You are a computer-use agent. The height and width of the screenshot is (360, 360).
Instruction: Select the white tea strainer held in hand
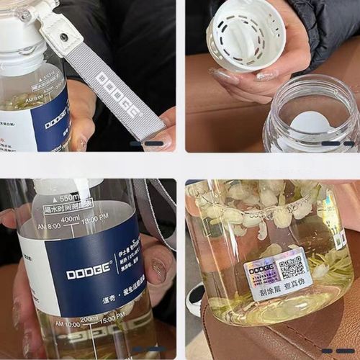pyautogui.click(x=245, y=32)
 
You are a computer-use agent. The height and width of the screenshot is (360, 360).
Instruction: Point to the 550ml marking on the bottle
pyautogui.click(x=70, y=197)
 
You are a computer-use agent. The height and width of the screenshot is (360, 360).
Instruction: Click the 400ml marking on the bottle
pyautogui.click(x=70, y=219)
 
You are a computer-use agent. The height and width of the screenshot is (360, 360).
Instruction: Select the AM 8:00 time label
pyautogui.click(x=49, y=225)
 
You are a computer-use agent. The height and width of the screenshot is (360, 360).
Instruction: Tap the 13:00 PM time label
pyautogui.click(x=95, y=215)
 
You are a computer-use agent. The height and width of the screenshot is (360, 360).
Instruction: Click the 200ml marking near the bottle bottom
pyautogui.click(x=89, y=318)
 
